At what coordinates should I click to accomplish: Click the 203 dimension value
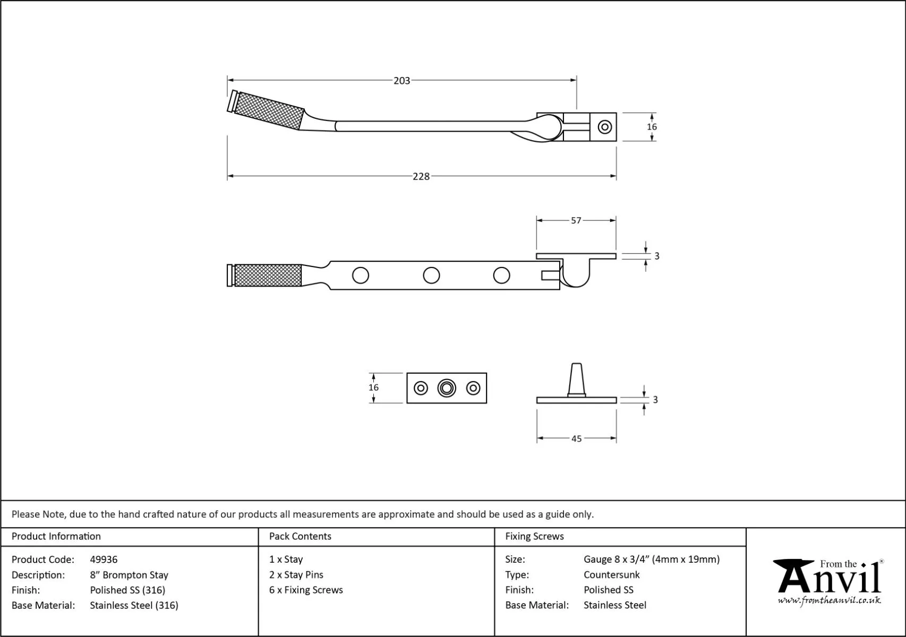(401, 81)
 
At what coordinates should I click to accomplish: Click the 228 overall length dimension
(421, 176)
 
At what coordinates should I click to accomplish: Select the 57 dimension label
(576, 220)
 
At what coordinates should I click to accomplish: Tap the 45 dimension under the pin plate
(576, 438)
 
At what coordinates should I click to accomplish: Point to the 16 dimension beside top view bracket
(652, 127)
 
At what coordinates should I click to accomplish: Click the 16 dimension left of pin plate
(373, 388)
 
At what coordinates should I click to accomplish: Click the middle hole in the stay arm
(431, 276)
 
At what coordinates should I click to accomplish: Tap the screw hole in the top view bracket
(604, 127)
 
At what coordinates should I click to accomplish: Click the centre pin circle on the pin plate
(447, 388)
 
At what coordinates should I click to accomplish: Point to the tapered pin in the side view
(576, 380)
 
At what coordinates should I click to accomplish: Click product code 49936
(104, 559)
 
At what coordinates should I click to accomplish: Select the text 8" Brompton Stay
(129, 575)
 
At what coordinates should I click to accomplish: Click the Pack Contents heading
(300, 536)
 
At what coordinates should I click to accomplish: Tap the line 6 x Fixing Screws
(306, 590)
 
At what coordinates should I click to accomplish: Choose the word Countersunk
(611, 574)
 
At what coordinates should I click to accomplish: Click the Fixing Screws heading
(534, 536)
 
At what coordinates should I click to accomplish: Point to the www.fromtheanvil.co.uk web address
(829, 600)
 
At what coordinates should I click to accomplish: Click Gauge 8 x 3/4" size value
(651, 559)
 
